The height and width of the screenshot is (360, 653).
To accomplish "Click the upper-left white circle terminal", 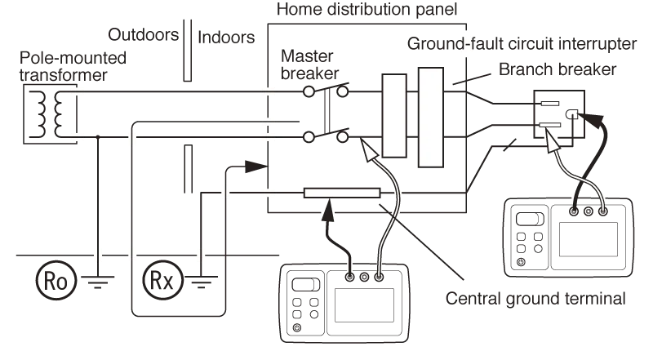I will [309, 92].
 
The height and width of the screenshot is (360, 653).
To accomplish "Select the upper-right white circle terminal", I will [342, 92].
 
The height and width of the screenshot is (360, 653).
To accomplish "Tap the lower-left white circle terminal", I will [309, 136].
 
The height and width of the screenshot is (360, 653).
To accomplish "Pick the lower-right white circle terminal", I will [342, 136].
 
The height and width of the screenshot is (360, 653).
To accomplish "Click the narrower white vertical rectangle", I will [394, 115].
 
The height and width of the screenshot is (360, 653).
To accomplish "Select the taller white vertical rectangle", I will [429, 118].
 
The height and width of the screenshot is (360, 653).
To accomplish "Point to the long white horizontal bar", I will [342, 194].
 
